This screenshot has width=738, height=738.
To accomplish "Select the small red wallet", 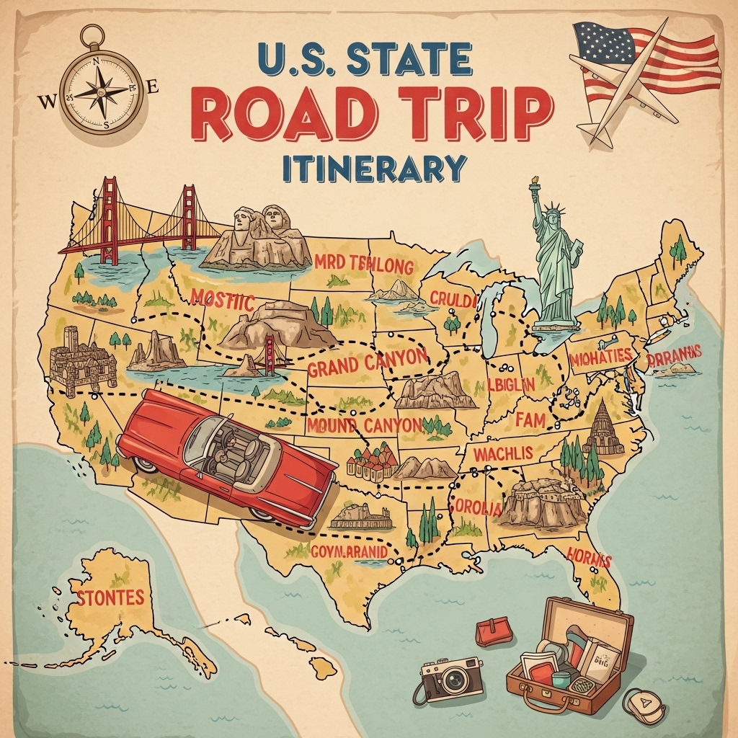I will [x=494, y=631].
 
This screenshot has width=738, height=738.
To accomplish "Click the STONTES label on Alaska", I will [x=110, y=597].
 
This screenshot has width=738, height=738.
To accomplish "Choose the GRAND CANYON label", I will [x=367, y=364].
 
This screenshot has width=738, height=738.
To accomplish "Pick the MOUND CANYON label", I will [x=364, y=425].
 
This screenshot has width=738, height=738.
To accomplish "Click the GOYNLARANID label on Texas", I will [x=350, y=552].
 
